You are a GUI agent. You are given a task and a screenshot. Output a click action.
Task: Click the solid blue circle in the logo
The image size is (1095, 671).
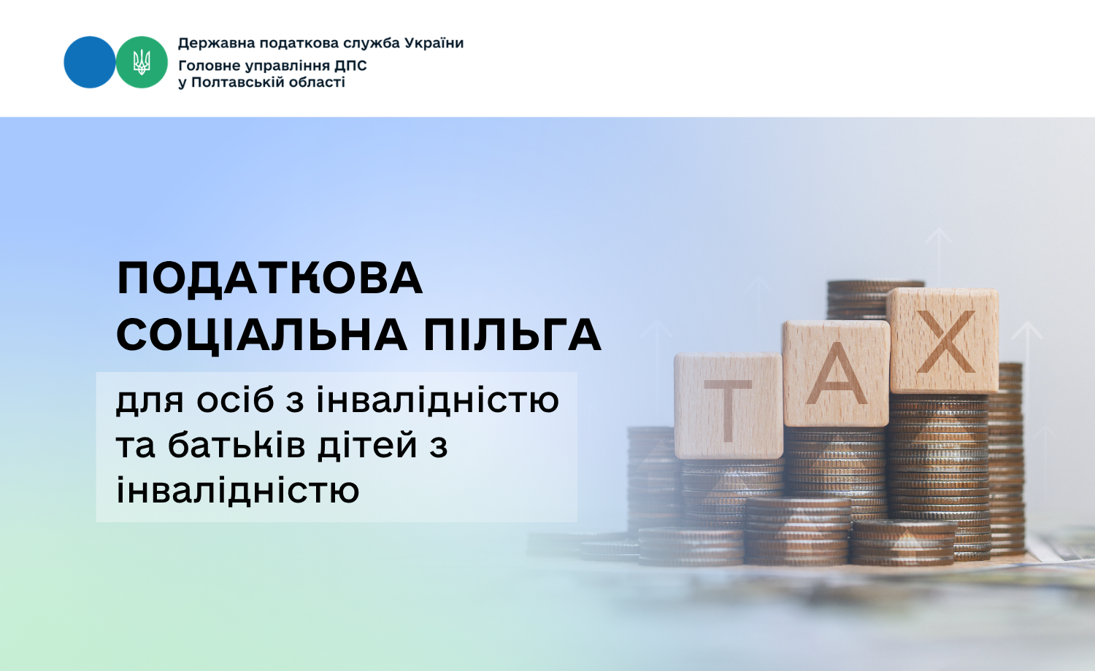coord(90,62)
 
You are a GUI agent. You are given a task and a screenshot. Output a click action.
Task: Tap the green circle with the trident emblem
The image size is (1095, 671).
coord(142,62)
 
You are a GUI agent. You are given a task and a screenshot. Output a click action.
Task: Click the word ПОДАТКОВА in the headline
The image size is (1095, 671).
coord(270,279)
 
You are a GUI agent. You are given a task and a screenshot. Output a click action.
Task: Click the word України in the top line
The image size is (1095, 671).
coord(434,44)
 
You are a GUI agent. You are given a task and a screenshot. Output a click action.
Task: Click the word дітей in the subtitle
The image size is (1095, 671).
coord(367,445)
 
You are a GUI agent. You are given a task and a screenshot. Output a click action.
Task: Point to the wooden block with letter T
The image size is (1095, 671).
coord(729,406)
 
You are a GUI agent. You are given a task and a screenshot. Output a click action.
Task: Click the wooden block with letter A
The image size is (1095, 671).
coord(836,373)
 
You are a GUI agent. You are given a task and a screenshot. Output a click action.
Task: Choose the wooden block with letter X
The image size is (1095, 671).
coord(943,341)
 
